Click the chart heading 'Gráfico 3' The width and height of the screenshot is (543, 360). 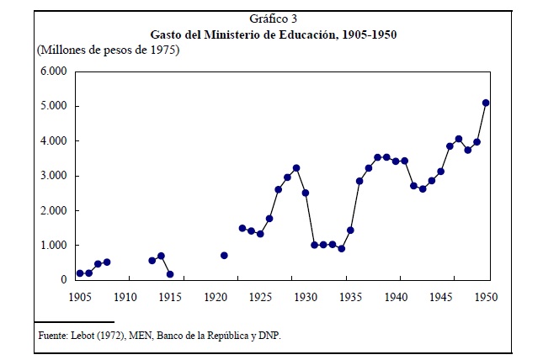tap(274, 19)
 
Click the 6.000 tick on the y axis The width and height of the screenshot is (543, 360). tap(55, 71)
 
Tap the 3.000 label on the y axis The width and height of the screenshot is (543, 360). tap(55, 176)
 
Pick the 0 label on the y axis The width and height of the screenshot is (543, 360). tap(64, 280)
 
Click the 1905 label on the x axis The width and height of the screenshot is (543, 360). tap(80, 296)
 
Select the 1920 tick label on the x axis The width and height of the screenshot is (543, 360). tap(216, 296)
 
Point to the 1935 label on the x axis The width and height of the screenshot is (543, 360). tap(351, 296)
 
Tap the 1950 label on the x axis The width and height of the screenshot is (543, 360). tap(487, 296)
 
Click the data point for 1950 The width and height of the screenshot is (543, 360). tap(486, 103)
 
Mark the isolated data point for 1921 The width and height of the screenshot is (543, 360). tap(224, 255)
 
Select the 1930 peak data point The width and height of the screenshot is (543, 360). tap(296, 168)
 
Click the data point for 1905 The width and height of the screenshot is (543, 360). tap(80, 273)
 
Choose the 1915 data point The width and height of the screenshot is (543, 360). tap(170, 274)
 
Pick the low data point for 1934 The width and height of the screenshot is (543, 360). tap(341, 248)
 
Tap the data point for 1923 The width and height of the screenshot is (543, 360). tap(242, 228)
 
